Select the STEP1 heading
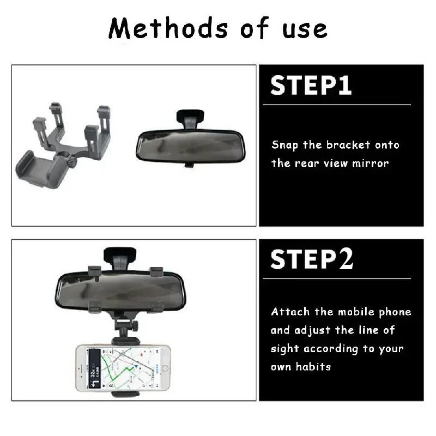click(311, 87)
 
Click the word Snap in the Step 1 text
click(284, 145)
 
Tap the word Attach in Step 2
click(290, 312)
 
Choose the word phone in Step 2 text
click(394, 312)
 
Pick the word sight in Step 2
click(284, 349)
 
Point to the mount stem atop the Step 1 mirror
click(190, 117)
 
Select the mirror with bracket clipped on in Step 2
click(120, 288)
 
